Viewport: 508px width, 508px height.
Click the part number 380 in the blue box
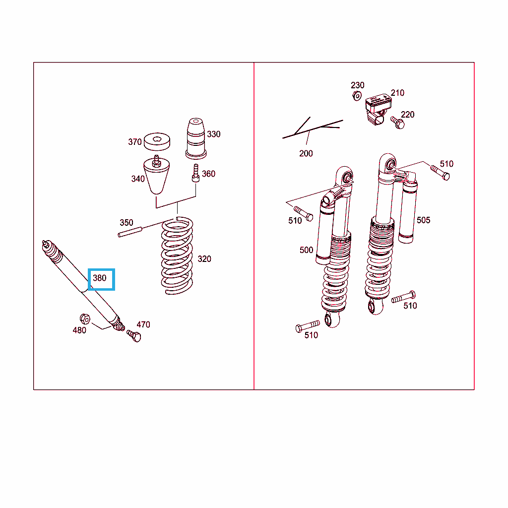tap(99, 278)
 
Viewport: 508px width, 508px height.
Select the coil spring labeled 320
tap(177, 255)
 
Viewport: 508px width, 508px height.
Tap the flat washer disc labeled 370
tap(157, 141)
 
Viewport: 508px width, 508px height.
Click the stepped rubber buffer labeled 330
tap(196, 139)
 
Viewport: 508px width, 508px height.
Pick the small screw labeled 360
tap(195, 173)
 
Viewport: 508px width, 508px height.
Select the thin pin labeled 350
tap(130, 232)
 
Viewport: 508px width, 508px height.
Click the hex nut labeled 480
tap(85, 319)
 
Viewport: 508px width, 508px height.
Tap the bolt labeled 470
tap(134, 336)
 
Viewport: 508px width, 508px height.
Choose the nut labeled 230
tap(357, 96)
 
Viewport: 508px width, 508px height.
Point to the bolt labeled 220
tap(398, 123)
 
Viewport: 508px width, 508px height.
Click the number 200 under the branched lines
tap(306, 154)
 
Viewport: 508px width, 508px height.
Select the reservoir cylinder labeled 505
tap(408, 212)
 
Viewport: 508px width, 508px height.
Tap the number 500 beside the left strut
tap(306, 250)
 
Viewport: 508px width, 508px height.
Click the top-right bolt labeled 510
tap(440, 172)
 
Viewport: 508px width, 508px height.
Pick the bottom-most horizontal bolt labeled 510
tap(308, 326)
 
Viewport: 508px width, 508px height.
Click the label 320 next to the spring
tap(204, 259)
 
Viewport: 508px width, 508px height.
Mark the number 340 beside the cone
tap(138, 179)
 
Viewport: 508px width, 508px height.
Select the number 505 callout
tap(424, 220)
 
